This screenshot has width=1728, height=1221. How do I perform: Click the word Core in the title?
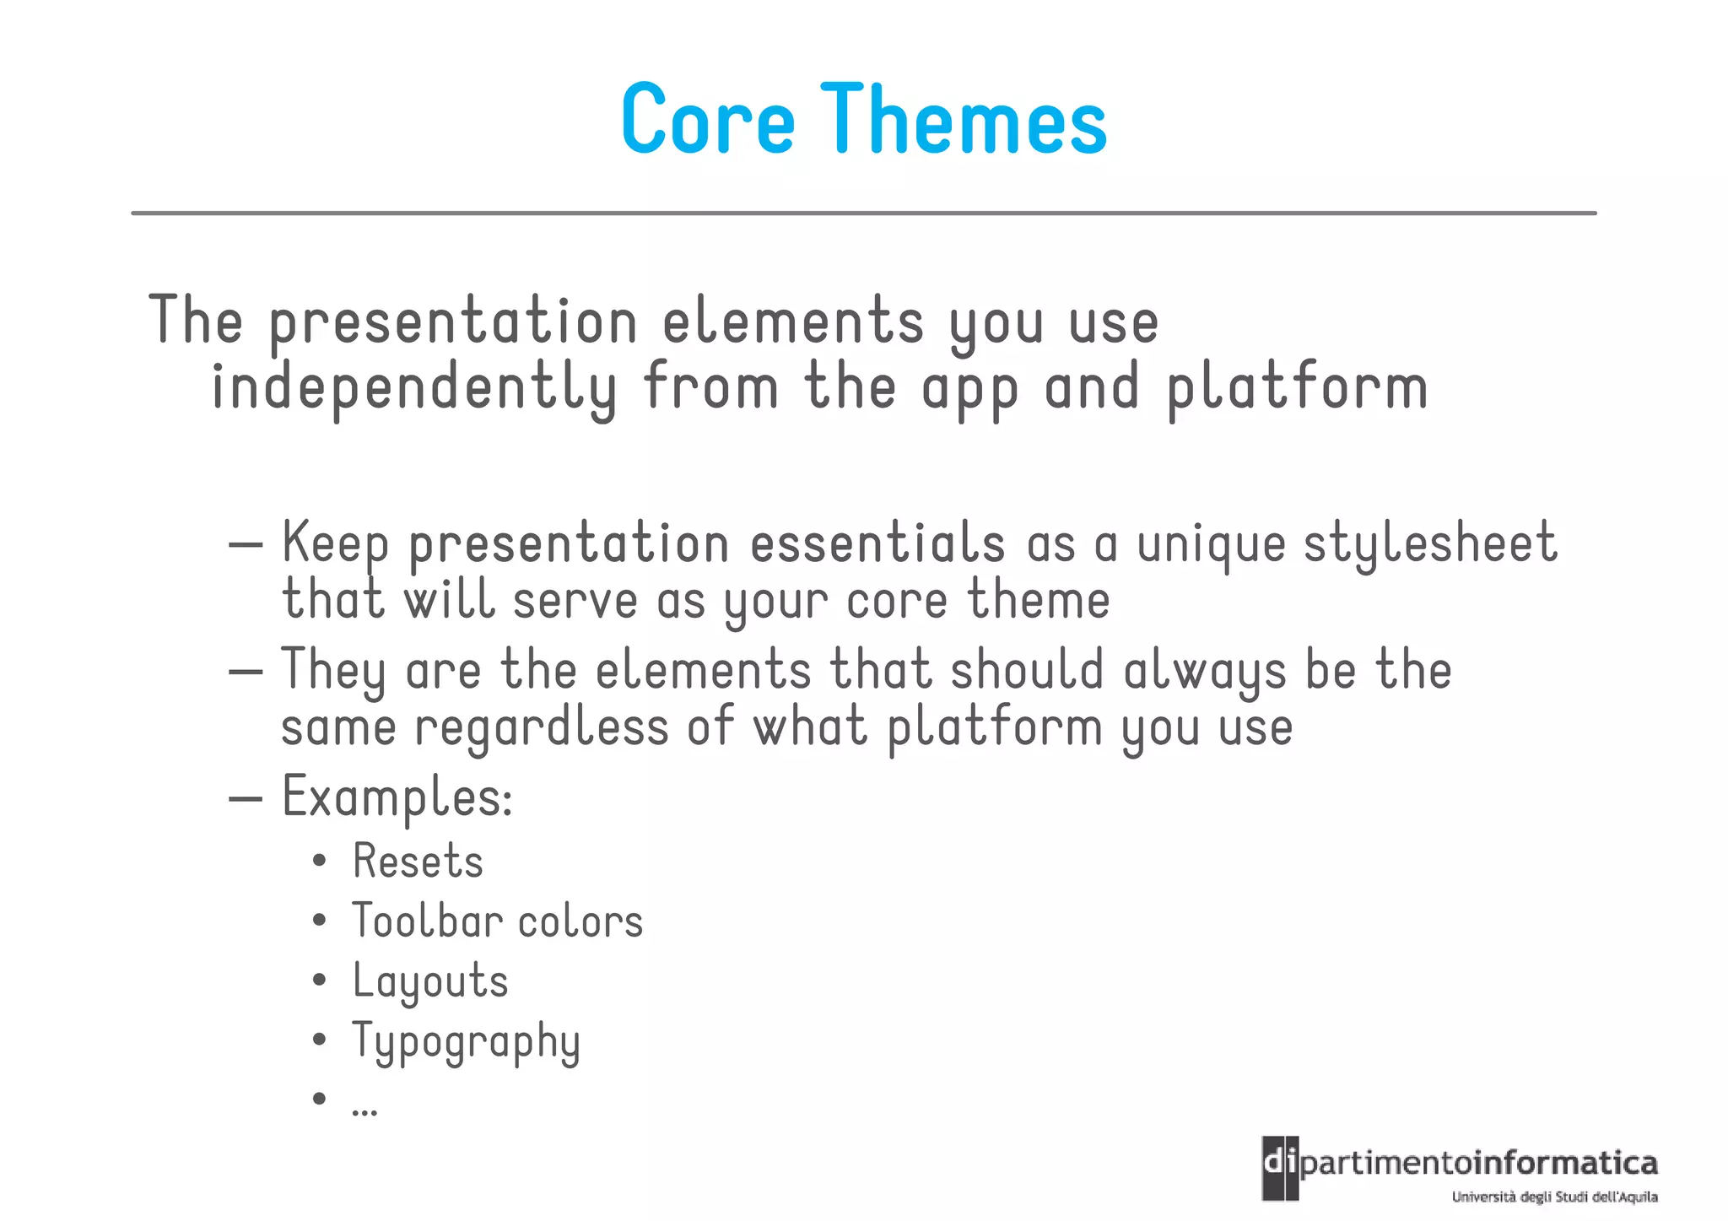pos(708,119)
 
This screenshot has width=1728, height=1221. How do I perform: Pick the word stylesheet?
pos(1430,543)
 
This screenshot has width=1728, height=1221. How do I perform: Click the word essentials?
pos(877,543)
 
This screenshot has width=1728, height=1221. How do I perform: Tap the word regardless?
pos(541,728)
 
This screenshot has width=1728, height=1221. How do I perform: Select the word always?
pos(1205,671)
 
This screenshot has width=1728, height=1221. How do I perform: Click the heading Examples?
pos(397,797)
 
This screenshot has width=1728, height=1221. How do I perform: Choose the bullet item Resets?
pos(418,862)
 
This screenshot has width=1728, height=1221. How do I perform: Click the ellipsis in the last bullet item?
pos(364,1109)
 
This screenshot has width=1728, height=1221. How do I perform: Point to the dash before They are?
pos(246,672)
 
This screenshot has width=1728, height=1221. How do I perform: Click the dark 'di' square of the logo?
pos(1279,1168)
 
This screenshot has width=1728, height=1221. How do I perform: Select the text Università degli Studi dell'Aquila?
pos(1554,1197)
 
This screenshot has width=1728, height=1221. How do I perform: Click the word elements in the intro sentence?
pos(792,322)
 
